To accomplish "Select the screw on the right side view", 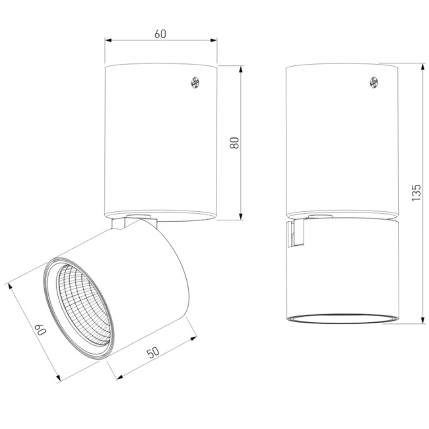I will pos(374,82).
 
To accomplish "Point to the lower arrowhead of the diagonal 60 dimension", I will pos(59,378).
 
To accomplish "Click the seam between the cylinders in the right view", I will pos(342,218).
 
